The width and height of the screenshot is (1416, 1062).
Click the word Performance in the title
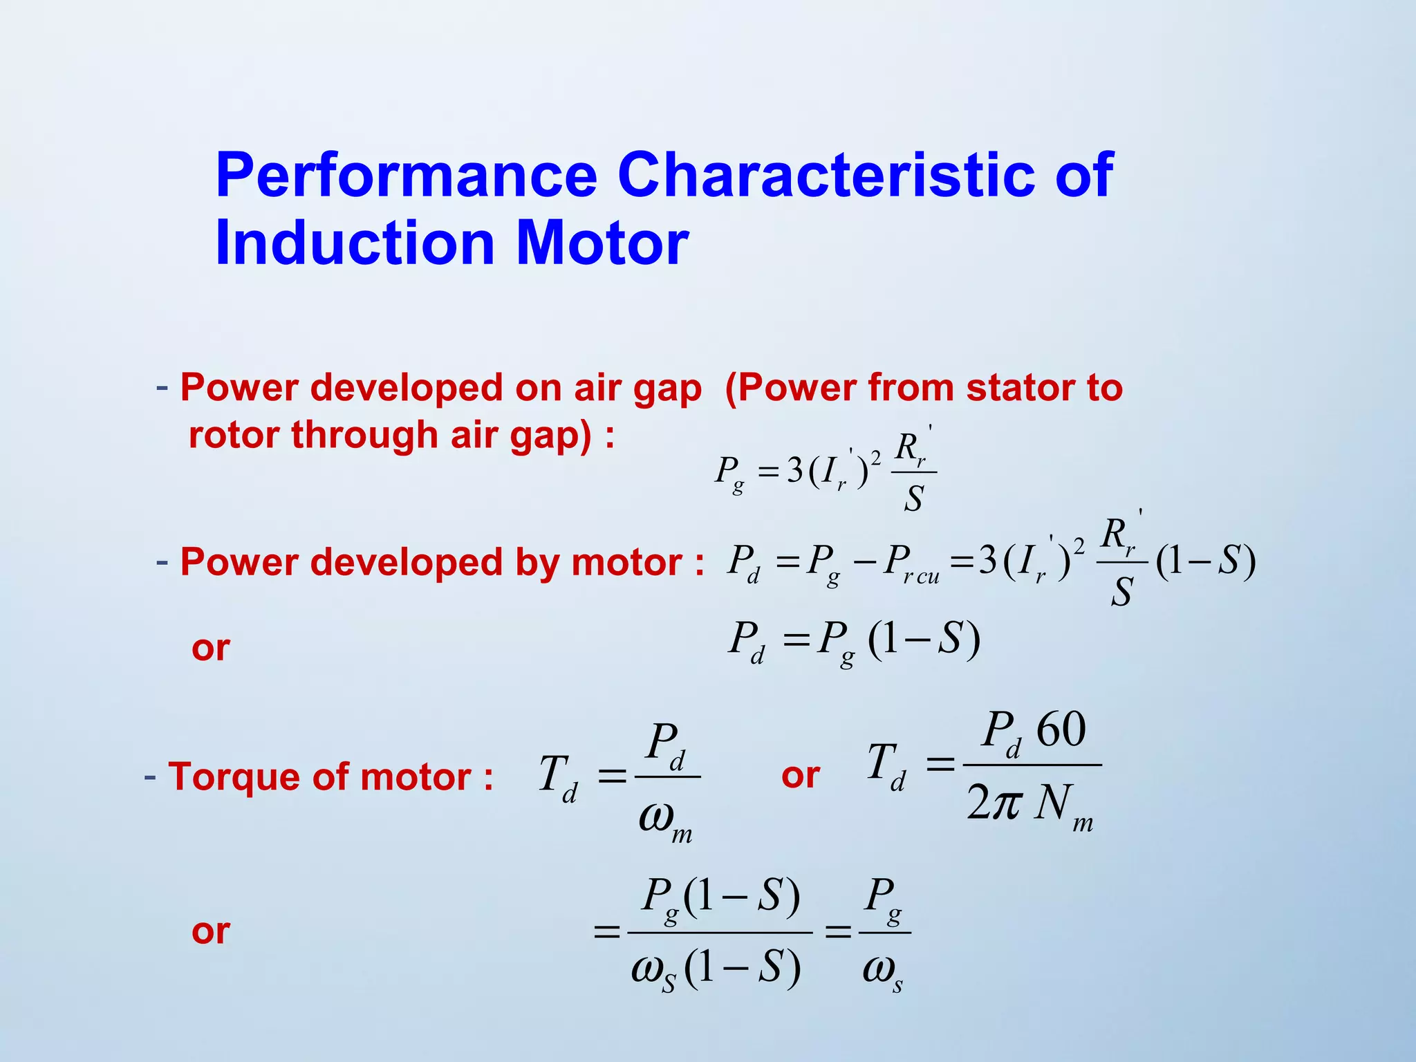coord(406,176)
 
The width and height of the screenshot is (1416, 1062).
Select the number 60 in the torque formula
coord(1061,730)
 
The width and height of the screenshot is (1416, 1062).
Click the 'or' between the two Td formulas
coord(800,776)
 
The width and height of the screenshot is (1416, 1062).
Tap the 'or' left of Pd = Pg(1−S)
coord(210,648)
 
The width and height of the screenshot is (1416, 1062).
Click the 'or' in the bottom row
coord(210,931)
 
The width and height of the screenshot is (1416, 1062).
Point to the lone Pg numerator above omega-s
coord(884,899)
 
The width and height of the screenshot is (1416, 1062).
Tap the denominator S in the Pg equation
coord(913,499)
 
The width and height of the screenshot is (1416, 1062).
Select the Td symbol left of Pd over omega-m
coord(557,778)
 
